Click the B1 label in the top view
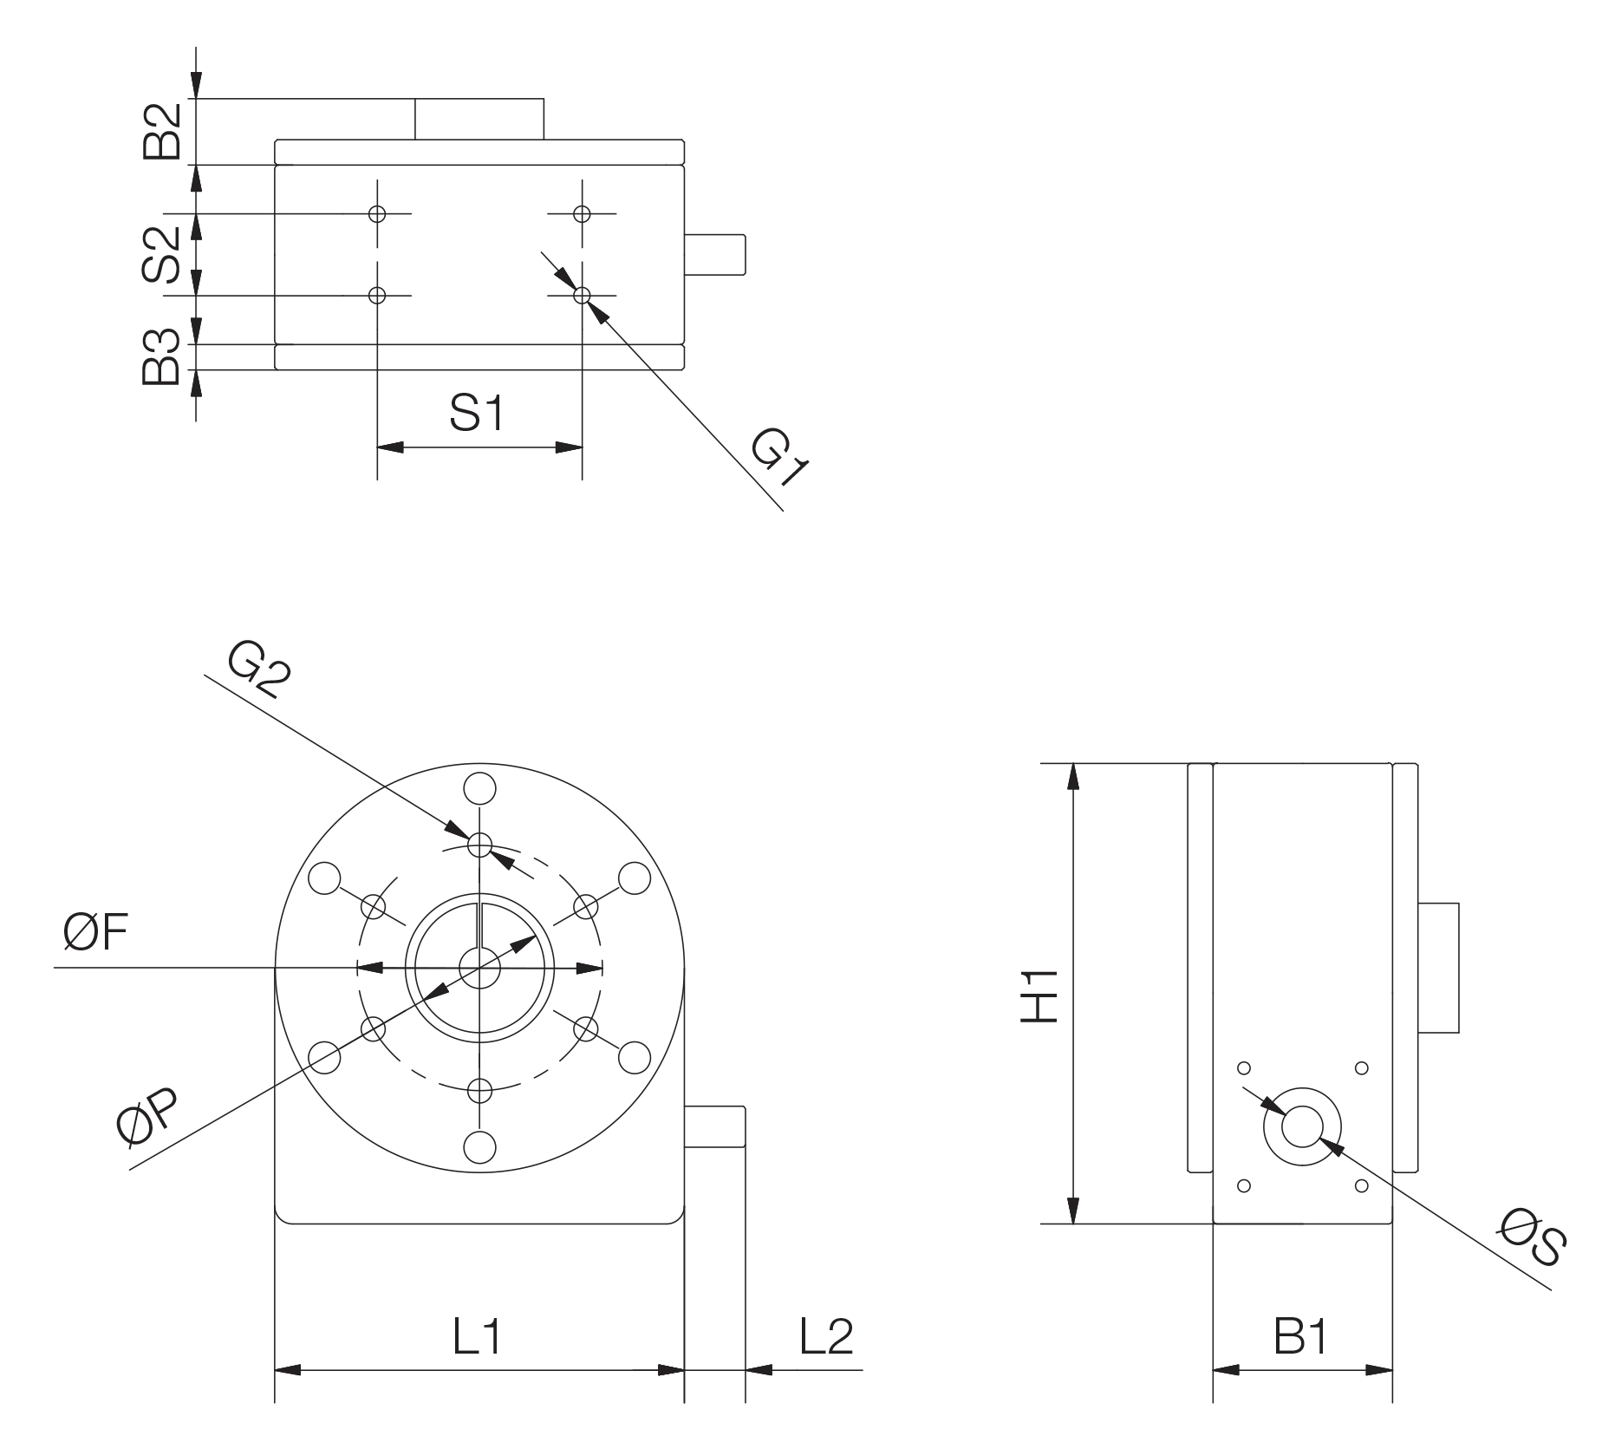coord(476,412)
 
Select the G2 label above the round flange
coord(258,667)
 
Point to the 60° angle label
coord(97,930)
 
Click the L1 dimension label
coord(475,1336)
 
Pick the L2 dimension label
coord(824,1336)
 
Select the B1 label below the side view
coord(1300,1338)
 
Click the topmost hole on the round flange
coord(478,788)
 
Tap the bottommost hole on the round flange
coord(478,1149)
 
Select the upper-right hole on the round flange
coord(635,878)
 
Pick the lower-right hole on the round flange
coord(635,1059)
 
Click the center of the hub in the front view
coord(478,967)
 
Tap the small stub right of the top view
coord(716,253)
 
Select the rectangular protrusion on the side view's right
coord(1441,967)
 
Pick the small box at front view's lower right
coord(715,1127)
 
